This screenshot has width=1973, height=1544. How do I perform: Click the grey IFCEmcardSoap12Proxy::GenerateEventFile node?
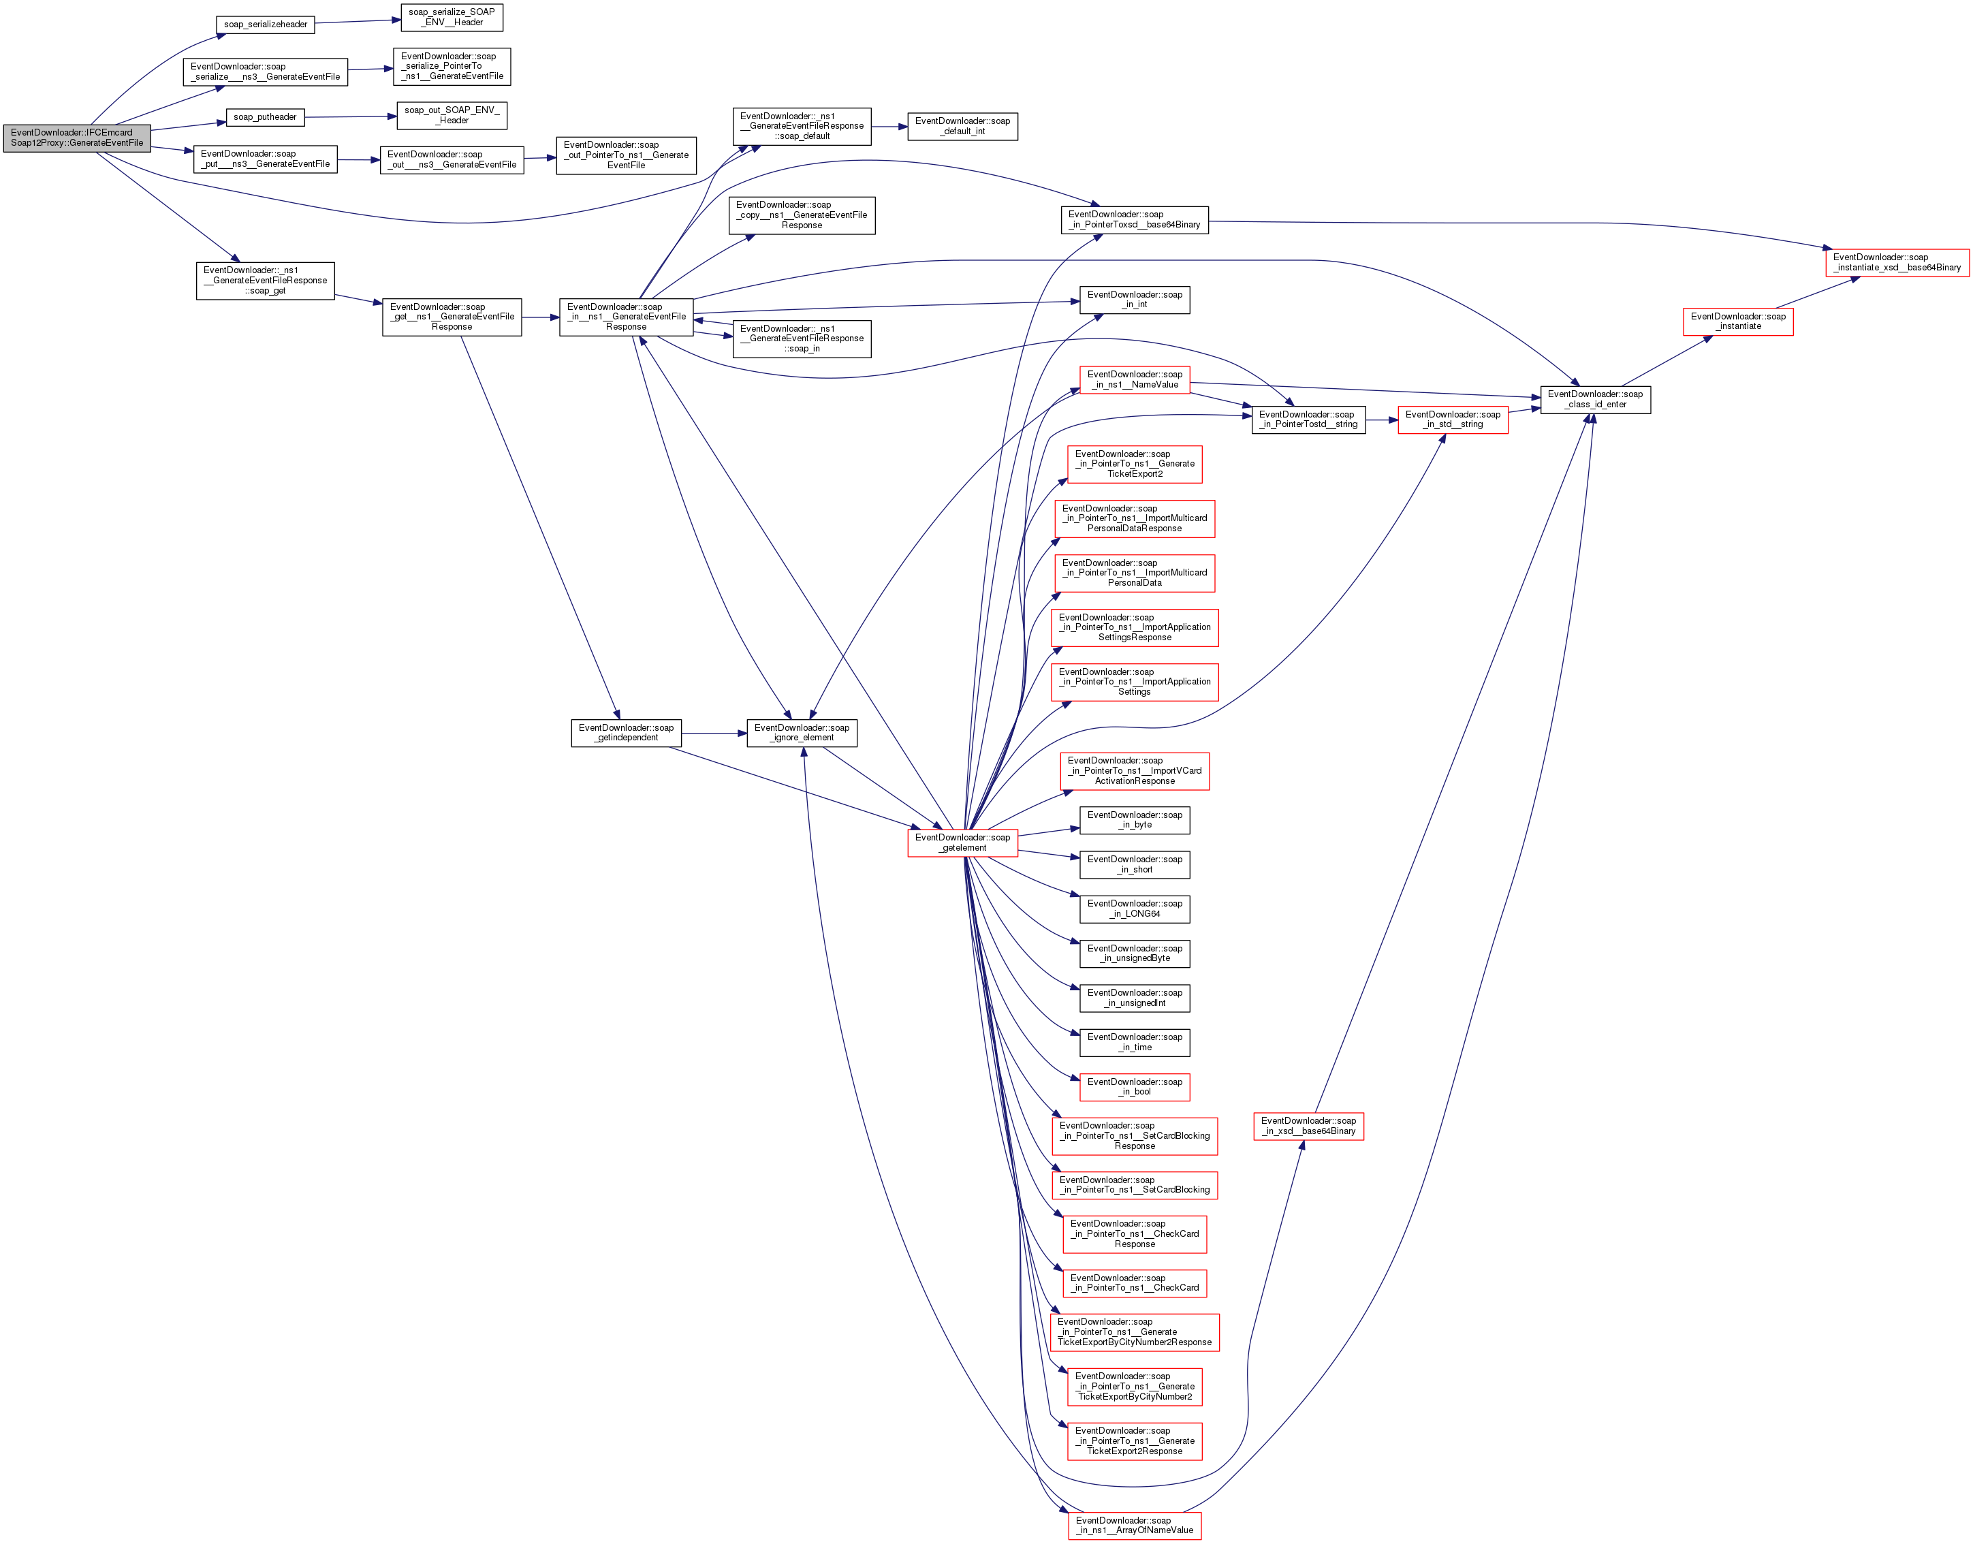tap(77, 138)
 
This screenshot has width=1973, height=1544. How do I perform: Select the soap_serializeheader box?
tap(265, 25)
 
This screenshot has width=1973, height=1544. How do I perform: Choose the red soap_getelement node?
tap(962, 842)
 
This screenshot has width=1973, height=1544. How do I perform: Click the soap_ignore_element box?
tap(801, 732)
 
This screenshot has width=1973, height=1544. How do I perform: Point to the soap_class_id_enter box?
tap(1594, 400)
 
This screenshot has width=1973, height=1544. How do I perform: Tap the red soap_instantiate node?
tap(1737, 322)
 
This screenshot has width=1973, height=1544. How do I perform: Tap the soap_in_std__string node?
tap(1453, 420)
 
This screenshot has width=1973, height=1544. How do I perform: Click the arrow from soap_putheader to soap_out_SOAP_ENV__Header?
tap(351, 116)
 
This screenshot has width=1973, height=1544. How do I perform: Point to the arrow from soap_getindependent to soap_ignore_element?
tap(714, 733)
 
